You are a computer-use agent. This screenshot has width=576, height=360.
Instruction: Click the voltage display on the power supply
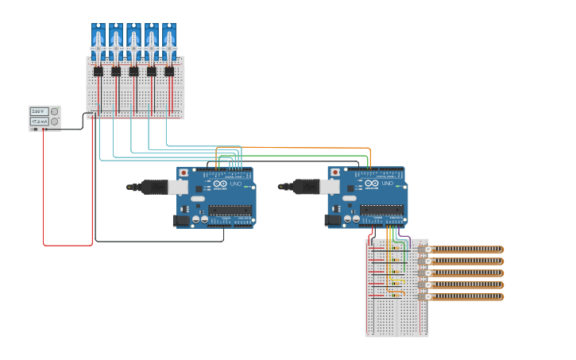coord(39,112)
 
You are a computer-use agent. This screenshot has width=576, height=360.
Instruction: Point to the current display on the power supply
coord(39,122)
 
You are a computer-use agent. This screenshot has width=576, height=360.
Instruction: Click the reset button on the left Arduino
coord(184,172)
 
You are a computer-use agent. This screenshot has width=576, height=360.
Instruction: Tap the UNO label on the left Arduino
coord(234,184)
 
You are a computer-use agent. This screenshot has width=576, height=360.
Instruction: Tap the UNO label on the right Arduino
coord(387,184)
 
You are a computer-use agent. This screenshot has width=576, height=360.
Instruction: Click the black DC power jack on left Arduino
coord(181,220)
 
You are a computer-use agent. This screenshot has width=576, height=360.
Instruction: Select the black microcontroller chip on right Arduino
coord(382,211)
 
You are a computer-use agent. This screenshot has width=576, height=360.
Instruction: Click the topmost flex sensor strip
coord(465,250)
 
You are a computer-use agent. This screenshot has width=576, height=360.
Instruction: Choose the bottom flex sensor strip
coord(465,297)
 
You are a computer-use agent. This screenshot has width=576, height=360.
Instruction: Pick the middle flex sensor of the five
coord(465,273)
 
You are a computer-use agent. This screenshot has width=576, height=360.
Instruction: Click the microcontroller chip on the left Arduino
coord(230,211)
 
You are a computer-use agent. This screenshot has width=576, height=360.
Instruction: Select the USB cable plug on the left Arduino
coord(155,187)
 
